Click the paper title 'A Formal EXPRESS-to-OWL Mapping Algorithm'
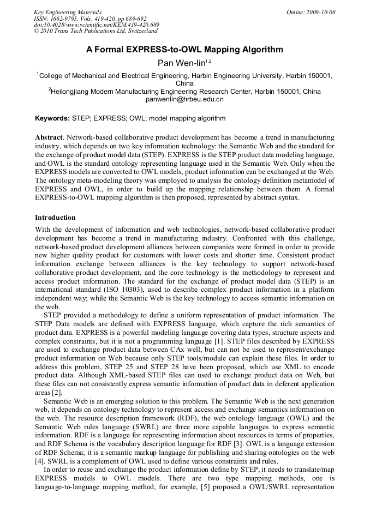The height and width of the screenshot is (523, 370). click(x=184, y=50)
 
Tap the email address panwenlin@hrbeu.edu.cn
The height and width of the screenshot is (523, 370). click(x=184, y=99)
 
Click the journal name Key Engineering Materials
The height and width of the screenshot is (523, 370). click(x=68, y=12)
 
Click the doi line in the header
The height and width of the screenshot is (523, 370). click(x=96, y=25)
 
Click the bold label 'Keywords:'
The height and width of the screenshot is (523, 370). click(x=52, y=118)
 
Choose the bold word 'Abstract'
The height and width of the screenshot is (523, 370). click(x=48, y=137)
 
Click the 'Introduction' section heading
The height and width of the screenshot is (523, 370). click(x=55, y=217)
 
